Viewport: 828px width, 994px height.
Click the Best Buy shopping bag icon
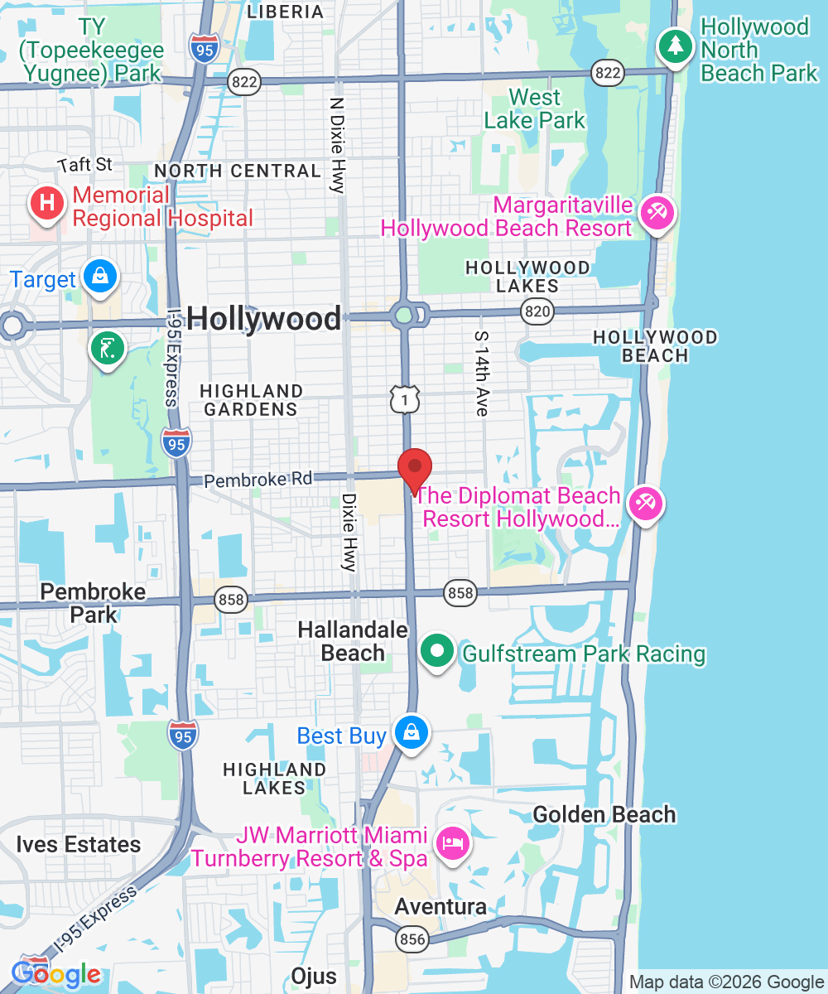point(411,732)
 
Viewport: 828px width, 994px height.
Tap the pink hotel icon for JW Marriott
point(453,843)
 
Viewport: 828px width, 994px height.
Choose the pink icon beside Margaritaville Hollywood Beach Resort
point(657,213)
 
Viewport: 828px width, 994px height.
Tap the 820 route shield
point(537,311)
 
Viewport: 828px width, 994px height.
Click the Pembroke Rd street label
point(258,479)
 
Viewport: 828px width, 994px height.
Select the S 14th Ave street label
point(480,373)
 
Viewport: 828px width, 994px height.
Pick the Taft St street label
point(86,165)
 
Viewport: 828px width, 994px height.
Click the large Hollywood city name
point(263,319)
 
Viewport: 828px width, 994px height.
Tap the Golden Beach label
point(604,815)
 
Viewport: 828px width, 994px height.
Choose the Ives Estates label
point(79,845)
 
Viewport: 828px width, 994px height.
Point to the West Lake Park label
point(535,109)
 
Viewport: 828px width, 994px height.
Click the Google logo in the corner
point(56,974)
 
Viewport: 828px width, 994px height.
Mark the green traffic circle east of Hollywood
point(404,315)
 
